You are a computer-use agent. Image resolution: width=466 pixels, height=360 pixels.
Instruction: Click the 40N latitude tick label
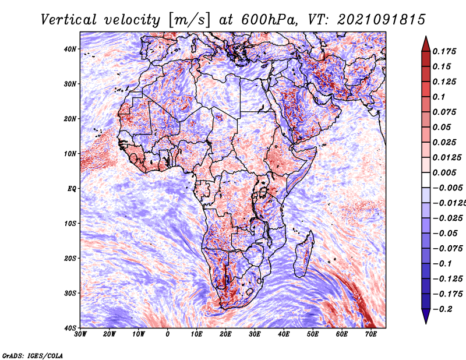click(70, 49)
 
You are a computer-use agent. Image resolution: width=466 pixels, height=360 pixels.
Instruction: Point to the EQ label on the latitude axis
click(72, 189)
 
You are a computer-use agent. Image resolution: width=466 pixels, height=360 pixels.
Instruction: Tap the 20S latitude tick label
click(70, 258)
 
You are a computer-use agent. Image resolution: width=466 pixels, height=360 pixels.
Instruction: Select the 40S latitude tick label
click(70, 328)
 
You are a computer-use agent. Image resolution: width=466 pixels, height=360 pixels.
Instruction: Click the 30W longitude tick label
click(80, 334)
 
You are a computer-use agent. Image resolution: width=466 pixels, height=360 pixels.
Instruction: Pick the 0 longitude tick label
click(168, 334)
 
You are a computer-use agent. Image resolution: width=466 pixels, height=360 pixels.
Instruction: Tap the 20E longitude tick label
click(225, 334)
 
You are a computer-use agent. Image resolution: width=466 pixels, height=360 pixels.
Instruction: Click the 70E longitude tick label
click(371, 334)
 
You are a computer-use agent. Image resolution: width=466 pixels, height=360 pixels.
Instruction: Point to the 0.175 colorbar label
click(444, 52)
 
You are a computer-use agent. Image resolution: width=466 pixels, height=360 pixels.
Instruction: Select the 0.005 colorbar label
click(444, 172)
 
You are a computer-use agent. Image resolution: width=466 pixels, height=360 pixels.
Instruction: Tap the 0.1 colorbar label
click(439, 97)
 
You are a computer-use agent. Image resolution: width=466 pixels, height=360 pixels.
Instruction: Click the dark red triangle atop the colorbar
click(426, 45)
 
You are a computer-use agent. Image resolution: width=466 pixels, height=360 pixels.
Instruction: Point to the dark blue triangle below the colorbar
click(426, 316)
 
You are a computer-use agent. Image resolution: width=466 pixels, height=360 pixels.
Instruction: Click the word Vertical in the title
click(69, 20)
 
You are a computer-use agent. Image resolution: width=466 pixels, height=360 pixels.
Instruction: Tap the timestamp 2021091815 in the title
click(381, 20)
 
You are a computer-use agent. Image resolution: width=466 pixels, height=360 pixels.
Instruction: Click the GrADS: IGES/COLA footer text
click(33, 355)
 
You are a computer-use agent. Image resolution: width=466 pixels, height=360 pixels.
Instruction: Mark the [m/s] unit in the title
click(189, 20)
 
